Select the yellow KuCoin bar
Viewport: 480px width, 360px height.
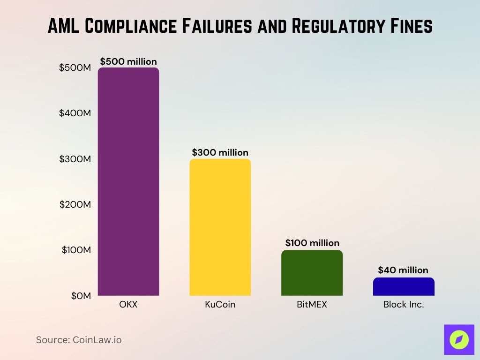point(220,227)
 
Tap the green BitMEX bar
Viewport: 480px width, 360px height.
point(312,273)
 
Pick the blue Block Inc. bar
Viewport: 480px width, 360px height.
point(404,287)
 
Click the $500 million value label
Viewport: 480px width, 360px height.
point(128,61)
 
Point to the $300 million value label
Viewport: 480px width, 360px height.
point(220,152)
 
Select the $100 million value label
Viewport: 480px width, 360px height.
point(312,243)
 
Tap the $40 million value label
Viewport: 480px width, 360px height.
point(403,270)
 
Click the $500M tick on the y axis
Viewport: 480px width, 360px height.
point(75,67)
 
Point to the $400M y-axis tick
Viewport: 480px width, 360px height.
point(75,113)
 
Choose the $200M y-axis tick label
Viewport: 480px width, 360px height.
point(75,204)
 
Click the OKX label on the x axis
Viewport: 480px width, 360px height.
point(128,305)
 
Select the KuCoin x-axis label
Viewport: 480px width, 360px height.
point(220,305)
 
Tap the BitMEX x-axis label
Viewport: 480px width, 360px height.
point(312,305)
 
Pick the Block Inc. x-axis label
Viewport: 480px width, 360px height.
point(404,305)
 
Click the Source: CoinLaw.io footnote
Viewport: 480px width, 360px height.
point(79,340)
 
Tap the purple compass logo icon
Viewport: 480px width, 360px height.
point(458,339)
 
